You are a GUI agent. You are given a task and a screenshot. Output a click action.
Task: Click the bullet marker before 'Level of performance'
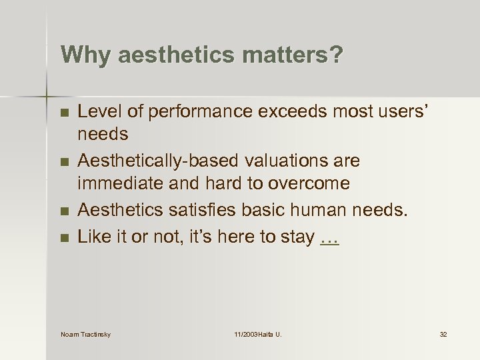(64, 112)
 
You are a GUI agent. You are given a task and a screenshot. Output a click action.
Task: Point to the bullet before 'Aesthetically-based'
(64, 162)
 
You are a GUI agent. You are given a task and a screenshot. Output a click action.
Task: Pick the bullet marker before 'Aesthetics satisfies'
(64, 212)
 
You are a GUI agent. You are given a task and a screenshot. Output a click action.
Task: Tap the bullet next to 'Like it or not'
(64, 237)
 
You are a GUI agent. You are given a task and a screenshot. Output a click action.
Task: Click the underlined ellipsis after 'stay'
(329, 237)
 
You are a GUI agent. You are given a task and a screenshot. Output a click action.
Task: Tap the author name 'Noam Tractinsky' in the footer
(85, 334)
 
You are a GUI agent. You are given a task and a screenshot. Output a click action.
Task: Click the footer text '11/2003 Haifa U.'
(257, 334)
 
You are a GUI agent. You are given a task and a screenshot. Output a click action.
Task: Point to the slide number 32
(443, 334)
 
